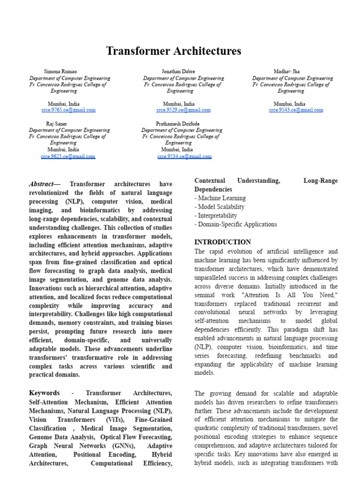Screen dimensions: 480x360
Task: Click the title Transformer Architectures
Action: pyautogui.click(x=173, y=51)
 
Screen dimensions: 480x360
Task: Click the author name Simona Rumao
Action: pyautogui.click(x=60, y=72)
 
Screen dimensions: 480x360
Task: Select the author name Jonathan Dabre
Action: pyautogui.click(x=178, y=72)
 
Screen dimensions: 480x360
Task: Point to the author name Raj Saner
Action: pyautogui.click(x=56, y=124)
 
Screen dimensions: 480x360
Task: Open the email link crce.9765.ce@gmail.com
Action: pyautogui.click(x=68, y=110)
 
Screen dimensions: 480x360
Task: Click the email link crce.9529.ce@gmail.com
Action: pyautogui.click(x=183, y=110)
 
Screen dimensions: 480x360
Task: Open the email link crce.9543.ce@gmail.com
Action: pyautogui.click(x=296, y=110)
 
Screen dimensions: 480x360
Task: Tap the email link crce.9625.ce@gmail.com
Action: pyautogui.click(x=68, y=157)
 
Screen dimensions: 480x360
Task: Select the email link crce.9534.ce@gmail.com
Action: pyautogui.click(x=184, y=157)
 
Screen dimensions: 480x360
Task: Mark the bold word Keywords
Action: pyautogui.click(x=45, y=393)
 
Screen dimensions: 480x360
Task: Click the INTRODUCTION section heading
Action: pyautogui.click(x=223, y=242)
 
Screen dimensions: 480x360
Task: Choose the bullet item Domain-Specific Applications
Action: pyautogui.click(x=235, y=224)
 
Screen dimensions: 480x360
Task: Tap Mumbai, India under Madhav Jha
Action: pyautogui.click(x=289, y=104)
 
